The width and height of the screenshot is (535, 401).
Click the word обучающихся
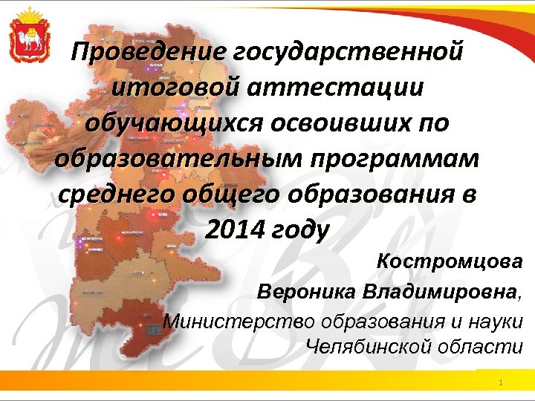pyautogui.click(x=169, y=123)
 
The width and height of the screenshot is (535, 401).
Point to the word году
pyautogui.click(x=300, y=229)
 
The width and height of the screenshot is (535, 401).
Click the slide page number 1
pyautogui.click(x=502, y=382)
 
